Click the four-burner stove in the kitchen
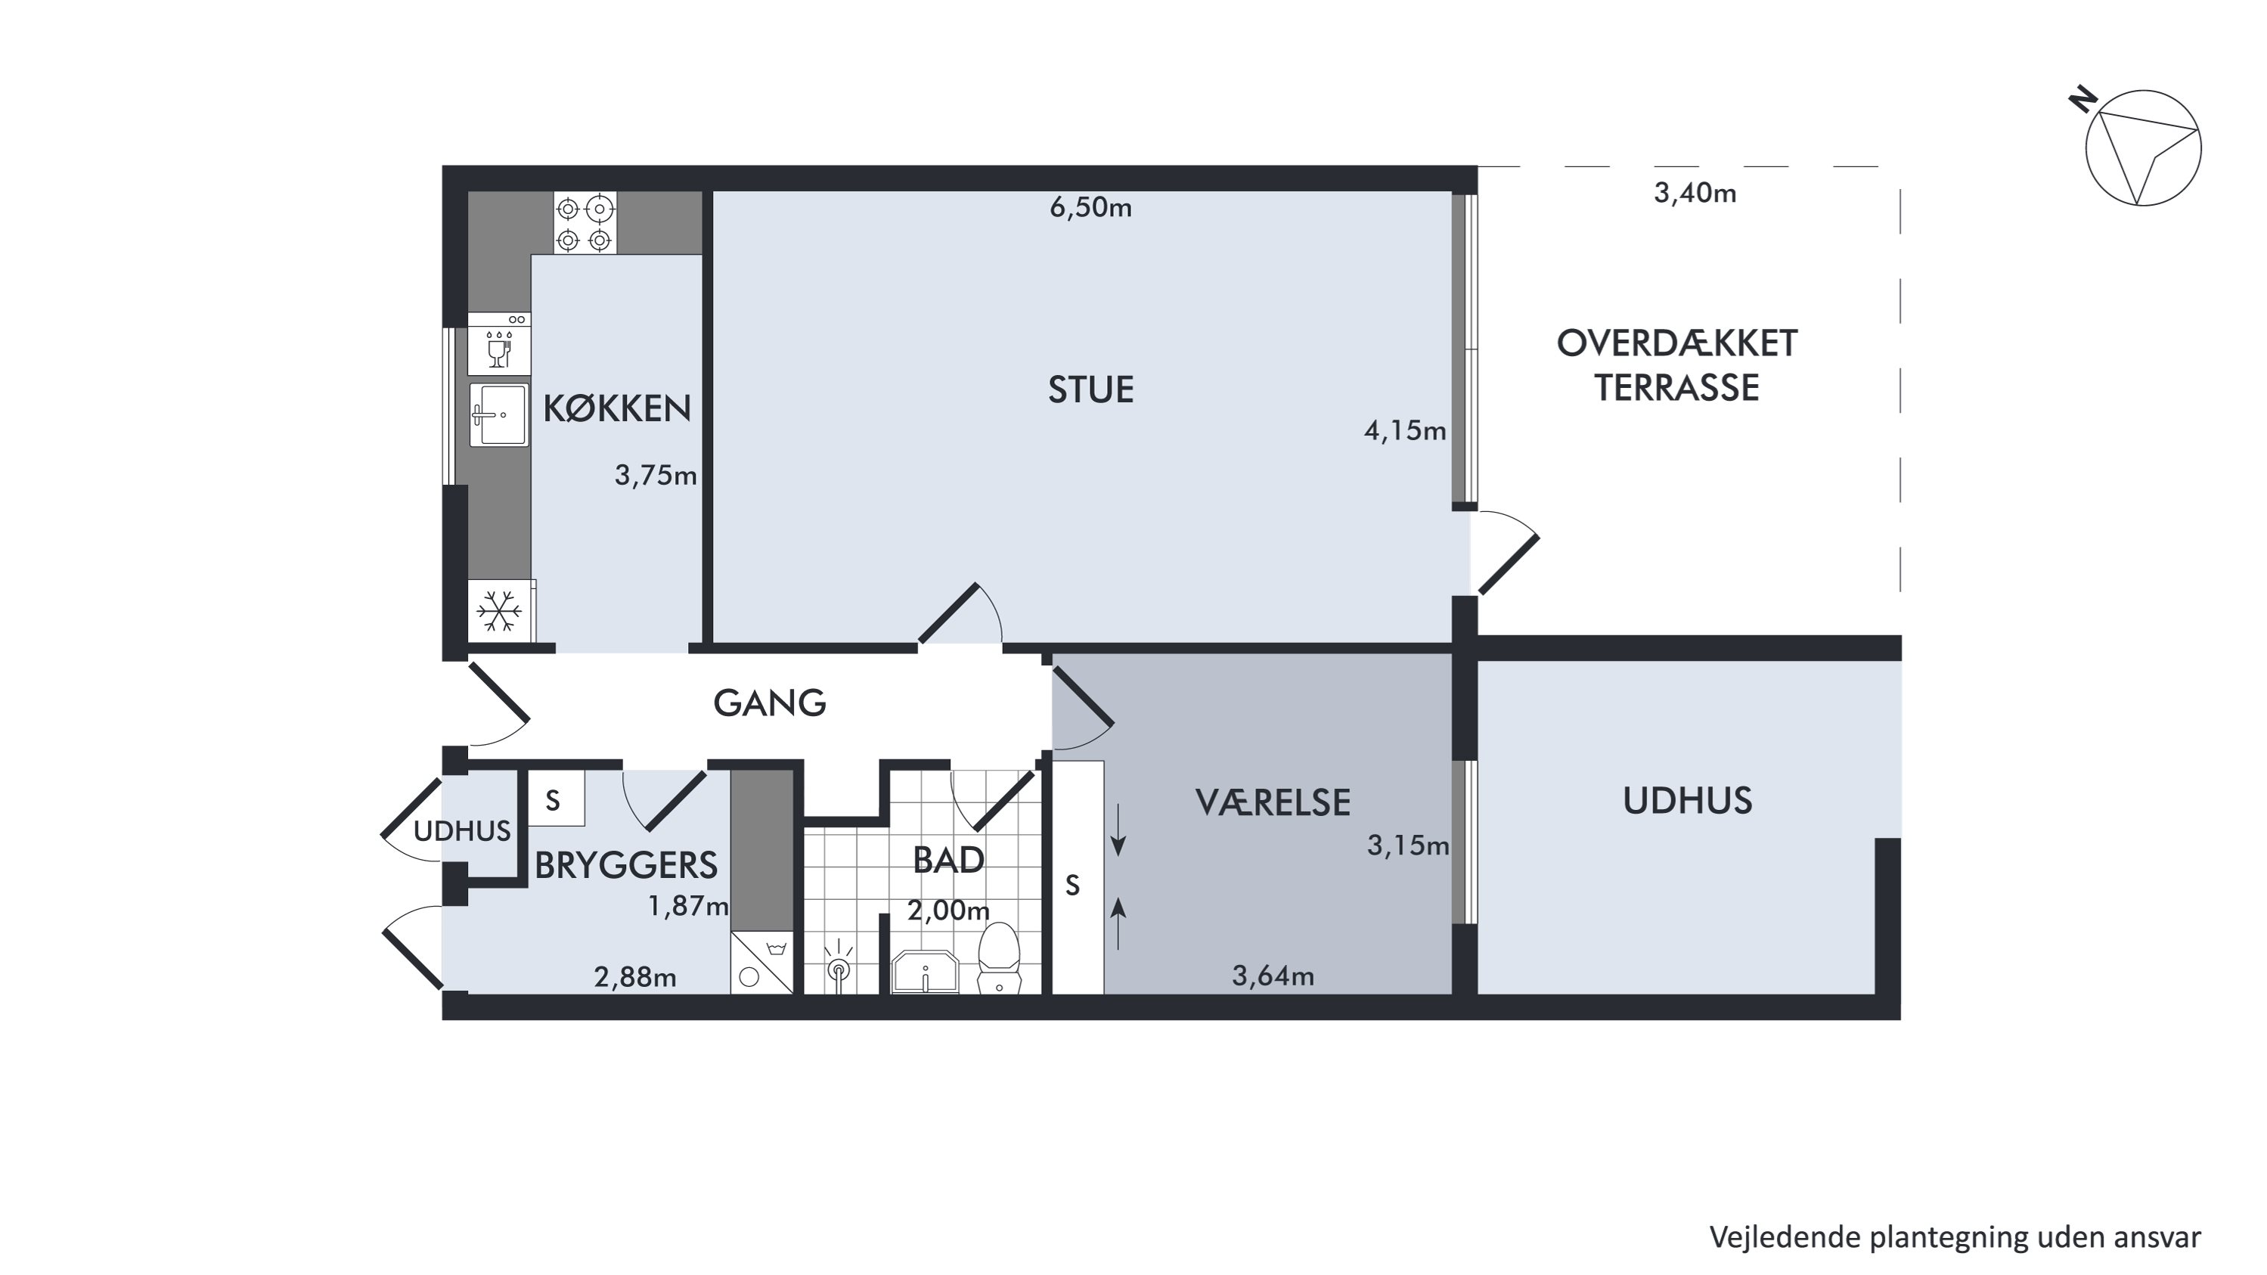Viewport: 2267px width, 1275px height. tap(585, 224)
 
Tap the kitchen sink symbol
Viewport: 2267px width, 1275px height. tap(499, 414)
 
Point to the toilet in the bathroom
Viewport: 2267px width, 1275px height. tap(999, 957)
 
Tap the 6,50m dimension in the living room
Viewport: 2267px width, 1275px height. tap(1090, 208)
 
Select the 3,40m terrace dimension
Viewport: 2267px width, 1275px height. tap(1695, 193)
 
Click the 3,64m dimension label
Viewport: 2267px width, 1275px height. tap(1273, 976)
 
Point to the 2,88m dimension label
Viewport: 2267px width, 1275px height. tap(634, 977)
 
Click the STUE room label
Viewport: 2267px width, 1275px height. tap(1090, 389)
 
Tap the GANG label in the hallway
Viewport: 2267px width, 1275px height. tap(769, 703)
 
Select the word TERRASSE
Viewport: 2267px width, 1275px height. tap(1677, 388)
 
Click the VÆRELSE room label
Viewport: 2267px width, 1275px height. tap(1273, 802)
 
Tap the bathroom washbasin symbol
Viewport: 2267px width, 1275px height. tap(925, 973)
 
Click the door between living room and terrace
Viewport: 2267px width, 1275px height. tap(1506, 552)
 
